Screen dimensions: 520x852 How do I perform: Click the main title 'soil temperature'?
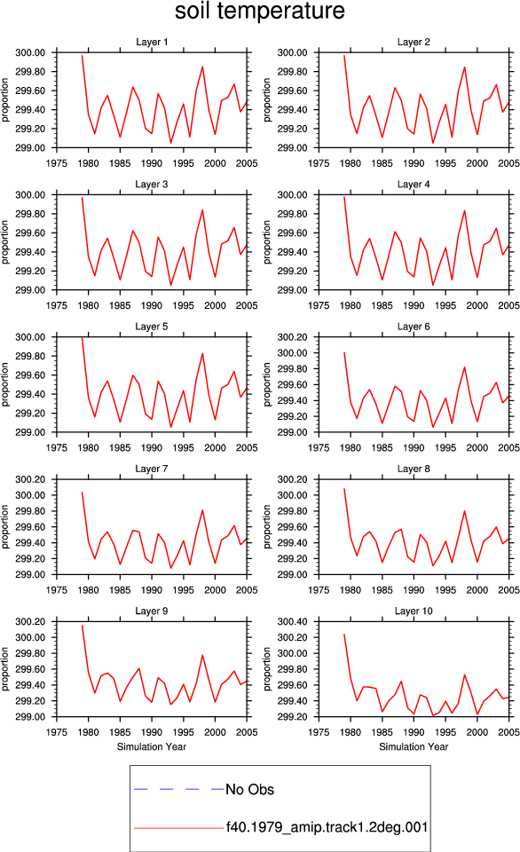click(260, 11)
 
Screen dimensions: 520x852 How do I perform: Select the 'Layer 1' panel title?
click(152, 42)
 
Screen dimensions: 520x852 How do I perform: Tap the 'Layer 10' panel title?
click(414, 611)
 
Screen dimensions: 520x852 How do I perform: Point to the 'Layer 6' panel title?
click(414, 326)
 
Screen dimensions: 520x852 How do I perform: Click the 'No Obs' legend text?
click(249, 789)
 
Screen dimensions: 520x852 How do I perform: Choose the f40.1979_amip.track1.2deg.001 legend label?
click(327, 827)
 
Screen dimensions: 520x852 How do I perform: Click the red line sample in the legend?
click(178, 828)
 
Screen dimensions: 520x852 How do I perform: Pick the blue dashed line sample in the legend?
click(178, 789)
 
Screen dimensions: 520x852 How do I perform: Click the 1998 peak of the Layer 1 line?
click(202, 67)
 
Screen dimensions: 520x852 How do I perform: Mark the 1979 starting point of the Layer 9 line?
click(82, 626)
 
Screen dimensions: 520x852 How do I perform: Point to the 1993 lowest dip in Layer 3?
click(170, 285)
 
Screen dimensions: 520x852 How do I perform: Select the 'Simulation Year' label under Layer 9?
click(152, 746)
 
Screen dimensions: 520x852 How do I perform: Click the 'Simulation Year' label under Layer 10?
click(414, 746)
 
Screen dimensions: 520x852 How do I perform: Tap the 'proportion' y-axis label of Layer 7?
click(5, 526)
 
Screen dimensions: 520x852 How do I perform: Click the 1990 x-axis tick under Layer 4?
click(414, 305)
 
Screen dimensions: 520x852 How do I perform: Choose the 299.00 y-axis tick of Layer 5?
click(30, 432)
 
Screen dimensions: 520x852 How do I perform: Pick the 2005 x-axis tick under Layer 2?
click(508, 163)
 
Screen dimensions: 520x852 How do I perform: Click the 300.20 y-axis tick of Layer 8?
click(292, 479)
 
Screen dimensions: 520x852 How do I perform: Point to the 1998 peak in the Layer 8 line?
click(465, 511)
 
